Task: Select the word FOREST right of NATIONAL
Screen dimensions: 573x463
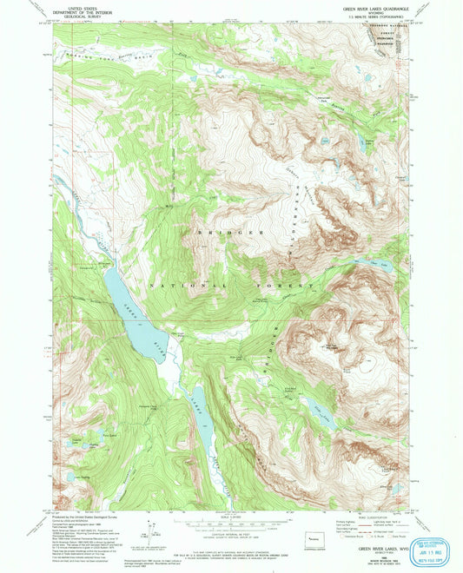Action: point(290,285)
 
